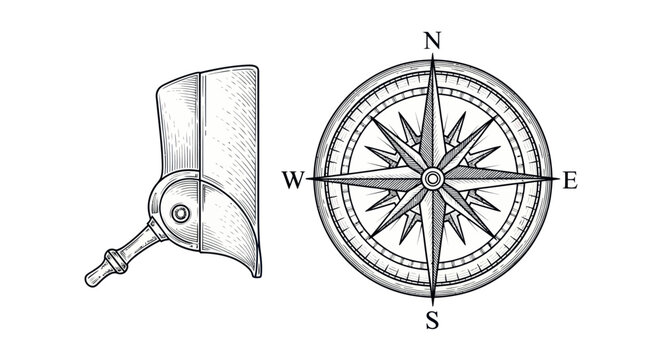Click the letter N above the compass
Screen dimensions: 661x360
[x=432, y=41]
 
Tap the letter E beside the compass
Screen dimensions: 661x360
[x=571, y=181]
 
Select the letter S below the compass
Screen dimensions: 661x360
[x=432, y=320]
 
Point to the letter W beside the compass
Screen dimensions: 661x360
[x=292, y=181]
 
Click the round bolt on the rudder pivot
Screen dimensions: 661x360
[x=181, y=212]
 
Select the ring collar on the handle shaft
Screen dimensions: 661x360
[x=117, y=257]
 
